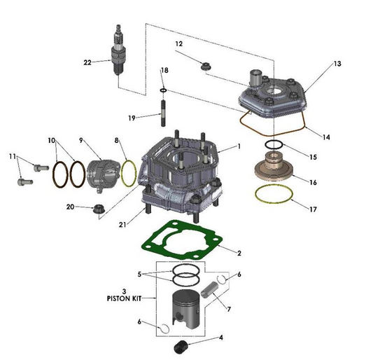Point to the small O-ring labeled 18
coord(163,90)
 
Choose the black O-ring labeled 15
coord(274,145)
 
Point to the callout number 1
coord(239,146)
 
